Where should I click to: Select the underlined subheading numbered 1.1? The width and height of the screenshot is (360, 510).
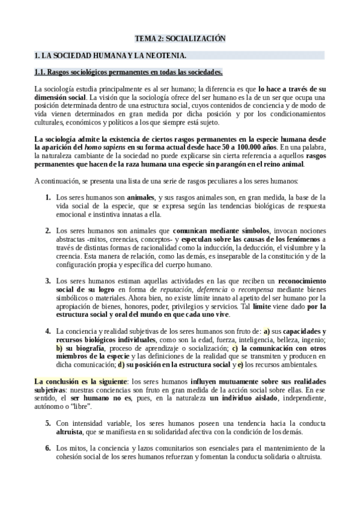[x=128, y=73]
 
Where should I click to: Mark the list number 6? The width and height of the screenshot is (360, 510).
[x=48, y=448]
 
